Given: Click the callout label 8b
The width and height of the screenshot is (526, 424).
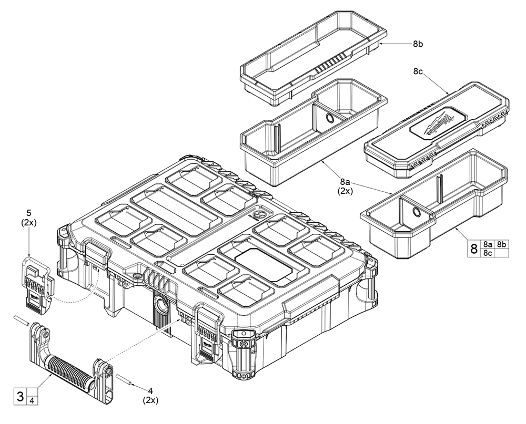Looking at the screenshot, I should point(418,45).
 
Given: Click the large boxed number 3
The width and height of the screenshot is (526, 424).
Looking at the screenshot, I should point(20,396).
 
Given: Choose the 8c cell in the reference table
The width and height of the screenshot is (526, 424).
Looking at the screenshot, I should point(488,252).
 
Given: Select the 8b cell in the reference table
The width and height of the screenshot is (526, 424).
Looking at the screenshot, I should point(502,243).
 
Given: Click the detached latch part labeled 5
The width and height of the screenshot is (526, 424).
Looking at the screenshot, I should point(37,284).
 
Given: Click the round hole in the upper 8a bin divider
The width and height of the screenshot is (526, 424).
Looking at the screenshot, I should point(329,117).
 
